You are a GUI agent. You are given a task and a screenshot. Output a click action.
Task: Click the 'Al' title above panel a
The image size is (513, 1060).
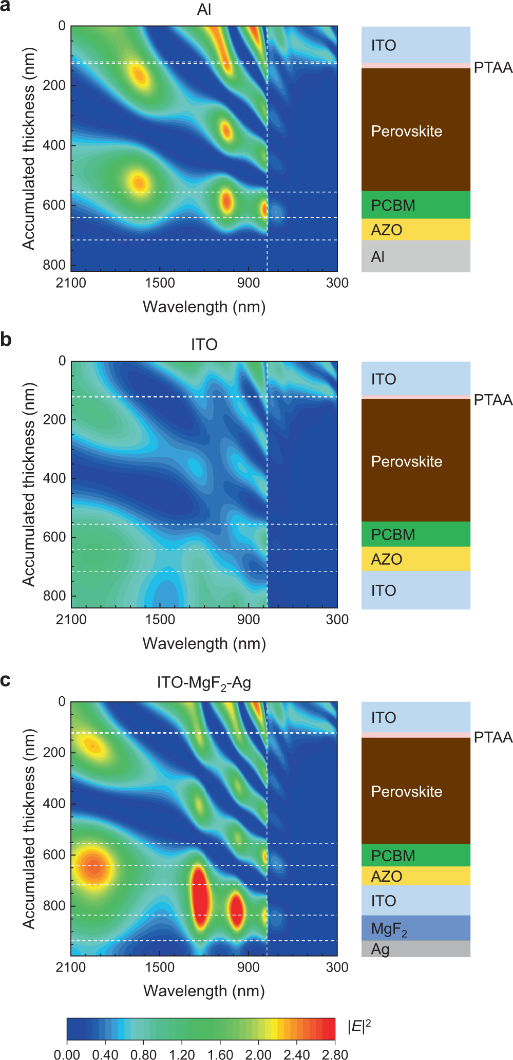pyautogui.click(x=204, y=10)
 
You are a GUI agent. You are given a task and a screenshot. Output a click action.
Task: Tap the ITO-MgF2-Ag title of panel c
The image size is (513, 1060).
pyautogui.click(x=204, y=683)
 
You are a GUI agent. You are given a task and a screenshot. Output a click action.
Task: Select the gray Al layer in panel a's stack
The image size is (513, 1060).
pyautogui.click(x=415, y=256)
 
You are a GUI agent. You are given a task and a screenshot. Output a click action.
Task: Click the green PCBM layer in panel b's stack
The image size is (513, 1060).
pyautogui.click(x=415, y=534)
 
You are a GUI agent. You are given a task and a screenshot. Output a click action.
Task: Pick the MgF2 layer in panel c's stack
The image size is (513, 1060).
pyautogui.click(x=415, y=928)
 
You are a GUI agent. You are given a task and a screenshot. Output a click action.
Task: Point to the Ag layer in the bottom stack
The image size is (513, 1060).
pyautogui.click(x=415, y=949)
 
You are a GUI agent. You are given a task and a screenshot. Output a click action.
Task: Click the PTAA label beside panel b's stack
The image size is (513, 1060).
pyautogui.click(x=492, y=400)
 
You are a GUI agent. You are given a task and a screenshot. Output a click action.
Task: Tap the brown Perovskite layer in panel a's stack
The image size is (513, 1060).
pyautogui.click(x=415, y=131)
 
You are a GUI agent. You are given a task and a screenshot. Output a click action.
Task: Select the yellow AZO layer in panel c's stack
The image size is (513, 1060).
pyautogui.click(x=415, y=877)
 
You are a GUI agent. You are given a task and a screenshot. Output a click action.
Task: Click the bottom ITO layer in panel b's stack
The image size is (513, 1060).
pyautogui.click(x=415, y=590)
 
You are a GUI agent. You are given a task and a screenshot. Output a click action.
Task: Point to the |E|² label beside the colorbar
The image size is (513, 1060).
pyautogui.click(x=359, y=1027)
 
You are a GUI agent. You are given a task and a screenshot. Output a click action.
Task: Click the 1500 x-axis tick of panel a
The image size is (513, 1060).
pyautogui.click(x=160, y=283)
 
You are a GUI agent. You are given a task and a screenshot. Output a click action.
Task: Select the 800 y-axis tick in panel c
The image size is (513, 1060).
pyautogui.click(x=54, y=905)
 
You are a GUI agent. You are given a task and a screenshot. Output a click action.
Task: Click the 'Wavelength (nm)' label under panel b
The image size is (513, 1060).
pyautogui.click(x=204, y=643)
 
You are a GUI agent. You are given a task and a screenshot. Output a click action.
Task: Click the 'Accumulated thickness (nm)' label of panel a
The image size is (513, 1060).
pyautogui.click(x=29, y=148)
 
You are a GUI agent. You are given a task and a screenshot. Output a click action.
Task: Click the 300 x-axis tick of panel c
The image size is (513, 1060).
pyautogui.click(x=337, y=967)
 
